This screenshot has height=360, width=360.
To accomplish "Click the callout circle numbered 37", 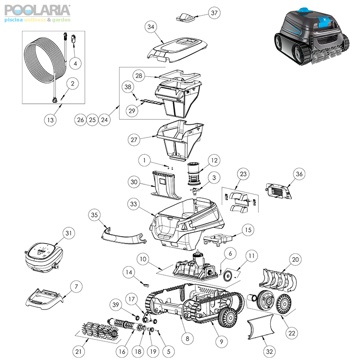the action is point(214,13).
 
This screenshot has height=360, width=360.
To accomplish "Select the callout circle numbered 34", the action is point(151,27).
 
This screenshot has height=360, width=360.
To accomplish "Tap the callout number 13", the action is point(50,120).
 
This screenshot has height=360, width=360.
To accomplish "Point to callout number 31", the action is point(69,233).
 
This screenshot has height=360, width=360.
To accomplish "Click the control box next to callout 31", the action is point(43,257).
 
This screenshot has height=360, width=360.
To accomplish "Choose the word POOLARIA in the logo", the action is point(37,10).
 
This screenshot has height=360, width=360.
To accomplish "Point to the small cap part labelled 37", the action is point(187,17).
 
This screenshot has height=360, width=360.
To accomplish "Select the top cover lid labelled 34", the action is point(177,50).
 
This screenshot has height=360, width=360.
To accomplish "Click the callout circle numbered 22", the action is point(292,333).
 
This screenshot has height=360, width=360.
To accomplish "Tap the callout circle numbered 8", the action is point(187,338).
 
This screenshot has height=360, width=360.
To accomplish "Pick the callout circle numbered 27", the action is point(134,140).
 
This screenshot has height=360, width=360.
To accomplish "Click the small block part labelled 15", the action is point(217,239).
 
